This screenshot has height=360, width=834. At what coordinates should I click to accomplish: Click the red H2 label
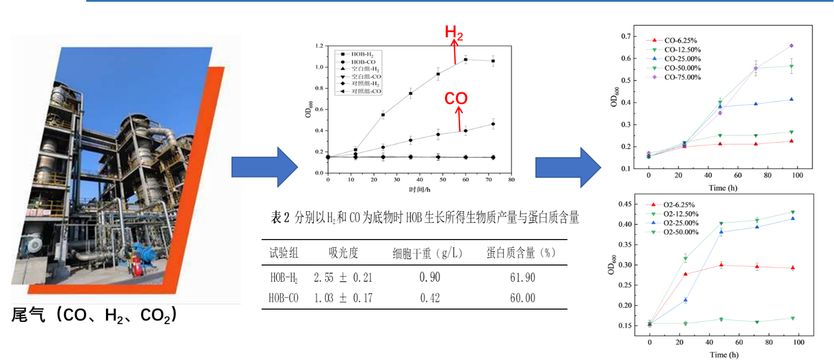[x=454, y=33]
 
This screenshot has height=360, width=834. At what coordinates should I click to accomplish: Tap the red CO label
[x=455, y=98]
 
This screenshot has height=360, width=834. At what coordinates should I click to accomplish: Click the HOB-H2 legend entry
[x=358, y=54]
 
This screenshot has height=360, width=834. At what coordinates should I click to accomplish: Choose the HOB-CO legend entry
[x=358, y=62]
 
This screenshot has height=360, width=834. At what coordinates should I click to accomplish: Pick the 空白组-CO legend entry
[x=358, y=77]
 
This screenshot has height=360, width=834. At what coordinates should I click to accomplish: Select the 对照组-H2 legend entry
[x=358, y=84]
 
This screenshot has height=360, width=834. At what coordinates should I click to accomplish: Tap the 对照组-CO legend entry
[x=358, y=91]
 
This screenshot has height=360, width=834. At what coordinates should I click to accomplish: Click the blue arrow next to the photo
[x=264, y=167]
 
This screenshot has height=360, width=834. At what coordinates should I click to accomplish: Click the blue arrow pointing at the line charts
[x=568, y=167]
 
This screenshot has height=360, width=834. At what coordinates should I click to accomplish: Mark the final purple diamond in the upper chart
[x=791, y=45]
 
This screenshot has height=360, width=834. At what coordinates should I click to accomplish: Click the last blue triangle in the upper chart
[x=791, y=99]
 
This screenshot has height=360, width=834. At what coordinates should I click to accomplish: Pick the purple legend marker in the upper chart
[x=654, y=77]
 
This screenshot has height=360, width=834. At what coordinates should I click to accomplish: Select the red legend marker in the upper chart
[x=654, y=41]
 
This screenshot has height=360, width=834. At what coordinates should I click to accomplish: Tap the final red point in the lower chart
[x=793, y=267]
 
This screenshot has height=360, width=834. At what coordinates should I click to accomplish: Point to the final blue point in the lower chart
[x=793, y=218]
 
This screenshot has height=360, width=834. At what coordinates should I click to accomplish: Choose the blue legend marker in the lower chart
[x=653, y=223]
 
